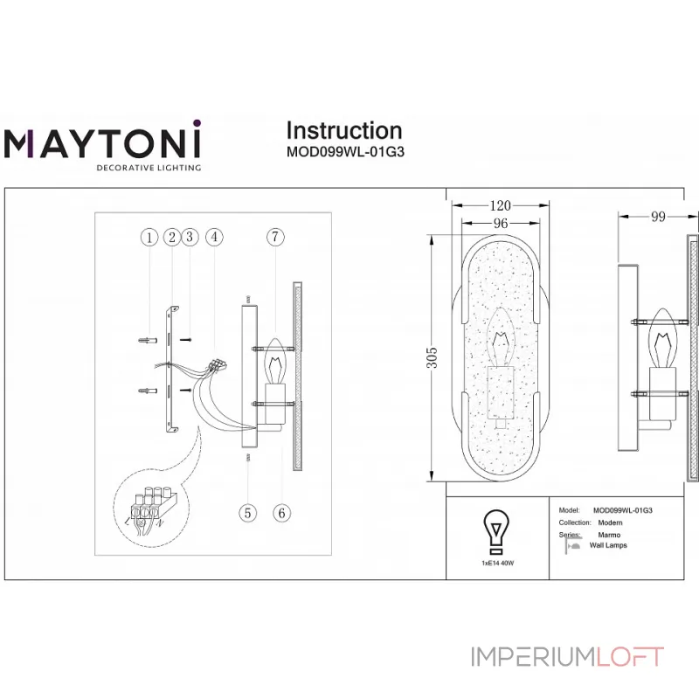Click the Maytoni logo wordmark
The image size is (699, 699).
coord(104,142)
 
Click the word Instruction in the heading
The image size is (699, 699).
coord(344,130)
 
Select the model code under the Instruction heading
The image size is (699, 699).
coord(344,150)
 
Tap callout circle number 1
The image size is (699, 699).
coord(149,237)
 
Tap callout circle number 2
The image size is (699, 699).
coord(171,237)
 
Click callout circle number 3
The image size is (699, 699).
coord(190,237)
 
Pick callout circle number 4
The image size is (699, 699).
coord(213,237)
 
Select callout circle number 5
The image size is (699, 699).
coord(248,513)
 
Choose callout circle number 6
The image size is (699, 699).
coord(280,513)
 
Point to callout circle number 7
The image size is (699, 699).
coord(275,237)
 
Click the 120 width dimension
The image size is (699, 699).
coord(499,206)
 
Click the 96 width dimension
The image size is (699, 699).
coord(501,224)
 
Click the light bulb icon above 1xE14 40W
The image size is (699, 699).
coord(496,532)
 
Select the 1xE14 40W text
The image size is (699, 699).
coord(497,564)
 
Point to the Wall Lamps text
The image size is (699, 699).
coord(608,545)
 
